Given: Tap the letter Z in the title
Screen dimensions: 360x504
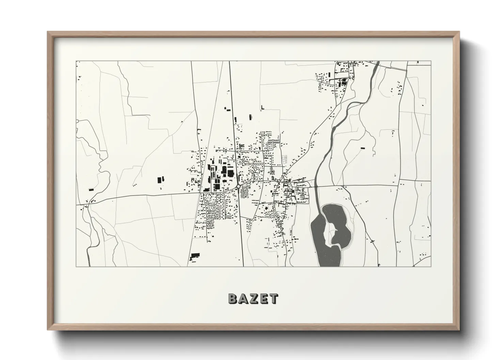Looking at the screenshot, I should click(x=254, y=299).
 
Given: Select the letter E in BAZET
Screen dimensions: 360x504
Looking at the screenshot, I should click(x=264, y=299).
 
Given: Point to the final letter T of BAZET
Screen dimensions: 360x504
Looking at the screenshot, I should click(x=273, y=299).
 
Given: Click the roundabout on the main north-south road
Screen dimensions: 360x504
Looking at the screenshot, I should click(x=238, y=186).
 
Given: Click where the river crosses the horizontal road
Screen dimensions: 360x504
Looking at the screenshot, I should click(x=316, y=186).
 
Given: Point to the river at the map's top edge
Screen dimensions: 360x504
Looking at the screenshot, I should click(x=377, y=63).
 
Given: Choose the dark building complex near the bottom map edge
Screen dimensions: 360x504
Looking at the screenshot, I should click(x=195, y=256).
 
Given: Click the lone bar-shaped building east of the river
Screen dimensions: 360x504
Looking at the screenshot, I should click(x=362, y=148).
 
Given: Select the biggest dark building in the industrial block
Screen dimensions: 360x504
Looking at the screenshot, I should click(x=224, y=170).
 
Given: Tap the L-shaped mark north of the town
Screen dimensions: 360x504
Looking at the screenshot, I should click(x=262, y=108).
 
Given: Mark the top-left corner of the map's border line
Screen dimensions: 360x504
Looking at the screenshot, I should click(x=76, y=61).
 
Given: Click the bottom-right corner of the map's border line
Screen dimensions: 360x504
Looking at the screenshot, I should click(x=431, y=266).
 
